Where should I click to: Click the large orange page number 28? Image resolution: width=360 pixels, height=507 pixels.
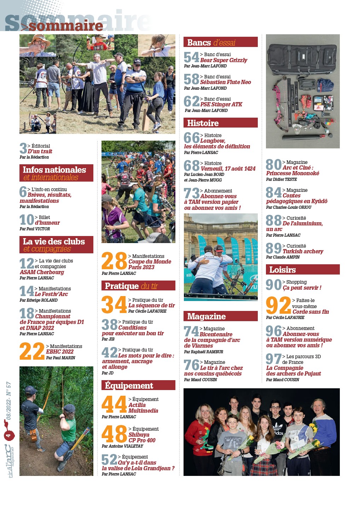[114, 261]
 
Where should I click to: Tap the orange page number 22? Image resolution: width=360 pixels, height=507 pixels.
[32, 352]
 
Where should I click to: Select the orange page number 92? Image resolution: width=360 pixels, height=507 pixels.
[278, 306]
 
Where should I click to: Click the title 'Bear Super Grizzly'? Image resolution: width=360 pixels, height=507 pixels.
[223, 60]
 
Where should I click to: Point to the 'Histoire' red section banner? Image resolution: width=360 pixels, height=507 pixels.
[220, 123]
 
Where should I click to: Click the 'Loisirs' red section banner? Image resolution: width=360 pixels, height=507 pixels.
[302, 270]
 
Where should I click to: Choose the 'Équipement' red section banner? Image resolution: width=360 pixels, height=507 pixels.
[138, 385]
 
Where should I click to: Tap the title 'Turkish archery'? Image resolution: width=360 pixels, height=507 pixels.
[303, 252]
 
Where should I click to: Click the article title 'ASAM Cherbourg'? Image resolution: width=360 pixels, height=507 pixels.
[42, 272]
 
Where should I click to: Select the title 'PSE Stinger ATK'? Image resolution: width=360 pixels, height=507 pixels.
[221, 105]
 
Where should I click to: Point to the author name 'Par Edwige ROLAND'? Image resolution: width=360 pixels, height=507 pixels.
[39, 300]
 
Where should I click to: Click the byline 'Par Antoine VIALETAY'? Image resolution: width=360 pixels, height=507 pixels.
[122, 446]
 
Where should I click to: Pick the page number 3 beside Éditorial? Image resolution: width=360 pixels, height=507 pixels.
[23, 148]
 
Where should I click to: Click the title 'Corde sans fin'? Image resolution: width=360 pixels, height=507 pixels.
[310, 312]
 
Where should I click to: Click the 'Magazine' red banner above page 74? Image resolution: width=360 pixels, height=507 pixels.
[220, 316]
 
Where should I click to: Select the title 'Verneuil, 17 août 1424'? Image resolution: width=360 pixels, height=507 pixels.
[228, 169]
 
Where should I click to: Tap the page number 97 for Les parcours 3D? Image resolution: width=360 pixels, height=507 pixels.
[273, 359]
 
